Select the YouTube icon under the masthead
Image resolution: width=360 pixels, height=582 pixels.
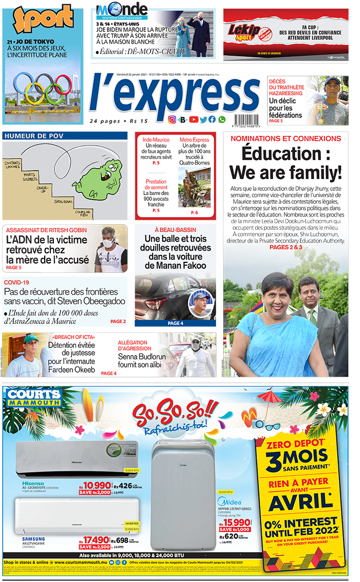click(x=193, y=119)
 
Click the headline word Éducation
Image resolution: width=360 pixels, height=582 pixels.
click(x=285, y=154)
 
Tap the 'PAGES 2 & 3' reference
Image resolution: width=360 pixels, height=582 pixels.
click(x=285, y=248)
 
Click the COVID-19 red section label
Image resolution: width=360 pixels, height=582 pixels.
click(x=16, y=283)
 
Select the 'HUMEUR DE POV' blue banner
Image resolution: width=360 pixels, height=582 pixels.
click(x=65, y=136)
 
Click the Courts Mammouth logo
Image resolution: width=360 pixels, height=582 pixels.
click(x=32, y=397)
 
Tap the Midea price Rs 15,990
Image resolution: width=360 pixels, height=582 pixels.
click(x=235, y=522)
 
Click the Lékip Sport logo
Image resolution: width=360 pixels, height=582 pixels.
click(x=245, y=30)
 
